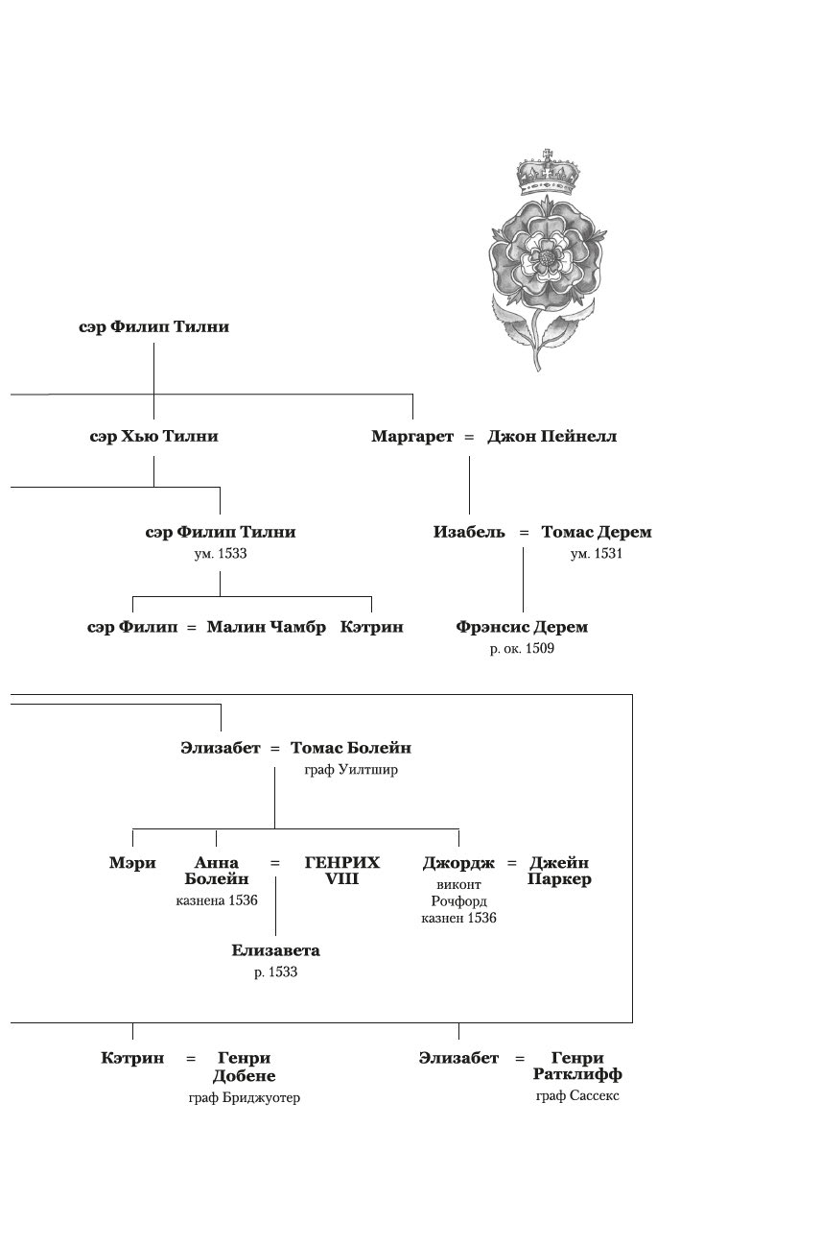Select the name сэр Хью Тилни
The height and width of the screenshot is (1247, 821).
(153, 437)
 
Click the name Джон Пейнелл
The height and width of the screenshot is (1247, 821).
(551, 437)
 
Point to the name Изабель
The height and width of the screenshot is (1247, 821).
(469, 532)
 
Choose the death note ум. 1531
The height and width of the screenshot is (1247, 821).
(597, 554)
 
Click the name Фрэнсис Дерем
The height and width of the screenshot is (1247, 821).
(522, 628)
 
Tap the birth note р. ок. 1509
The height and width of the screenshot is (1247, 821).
(522, 650)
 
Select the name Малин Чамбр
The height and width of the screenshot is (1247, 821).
(267, 628)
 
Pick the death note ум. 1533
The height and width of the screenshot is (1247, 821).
(221, 554)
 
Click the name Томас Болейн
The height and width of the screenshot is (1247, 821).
(351, 748)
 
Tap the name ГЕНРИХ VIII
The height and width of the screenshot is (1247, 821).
(342, 871)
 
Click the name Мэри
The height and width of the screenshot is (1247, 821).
(132, 863)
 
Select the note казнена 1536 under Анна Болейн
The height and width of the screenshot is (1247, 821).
(217, 900)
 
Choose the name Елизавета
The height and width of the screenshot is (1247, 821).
(275, 951)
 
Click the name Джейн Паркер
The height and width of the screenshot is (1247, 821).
(559, 871)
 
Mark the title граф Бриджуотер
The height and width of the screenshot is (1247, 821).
(245, 1098)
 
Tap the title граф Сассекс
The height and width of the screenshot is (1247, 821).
(577, 1096)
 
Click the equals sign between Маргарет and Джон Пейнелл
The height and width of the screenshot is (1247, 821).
(469, 437)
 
